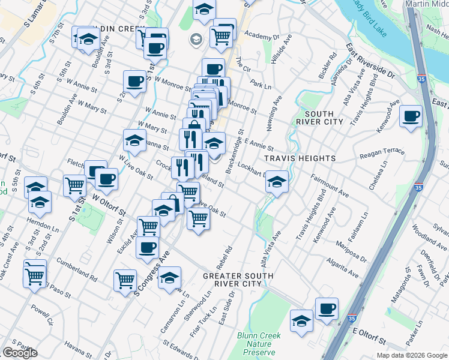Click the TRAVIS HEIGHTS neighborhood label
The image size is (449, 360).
pyautogui.click(x=300, y=158)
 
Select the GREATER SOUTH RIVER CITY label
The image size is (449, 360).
pyautogui.click(x=238, y=280)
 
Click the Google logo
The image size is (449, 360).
pyautogui.click(x=19, y=353)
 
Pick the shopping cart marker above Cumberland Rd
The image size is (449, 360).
pyautogui.click(x=35, y=277)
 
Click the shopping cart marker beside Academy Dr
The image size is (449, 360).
pyautogui.click(x=221, y=37)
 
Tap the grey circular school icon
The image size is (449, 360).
pyautogui.click(x=195, y=40)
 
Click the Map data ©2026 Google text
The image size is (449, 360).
pyautogui.click(x=411, y=355)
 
